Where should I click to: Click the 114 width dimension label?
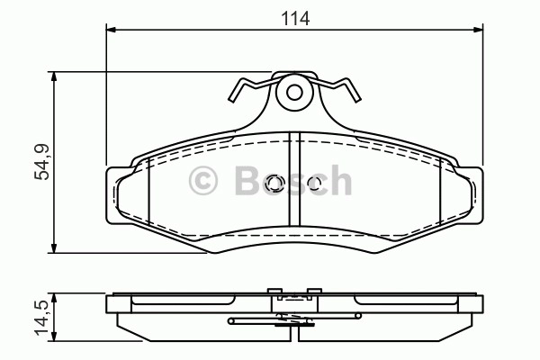click(295, 18)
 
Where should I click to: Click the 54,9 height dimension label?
click(42, 162)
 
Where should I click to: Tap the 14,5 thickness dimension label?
click(41, 318)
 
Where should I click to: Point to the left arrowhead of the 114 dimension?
click(112, 30)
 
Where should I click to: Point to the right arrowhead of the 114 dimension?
click(478, 30)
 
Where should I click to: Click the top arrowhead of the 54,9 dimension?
click(54, 77)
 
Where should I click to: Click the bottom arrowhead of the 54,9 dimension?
click(54, 247)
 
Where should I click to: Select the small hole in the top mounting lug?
click(294, 93)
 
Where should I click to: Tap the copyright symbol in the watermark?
click(203, 181)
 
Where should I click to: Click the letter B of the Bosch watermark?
click(247, 180)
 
